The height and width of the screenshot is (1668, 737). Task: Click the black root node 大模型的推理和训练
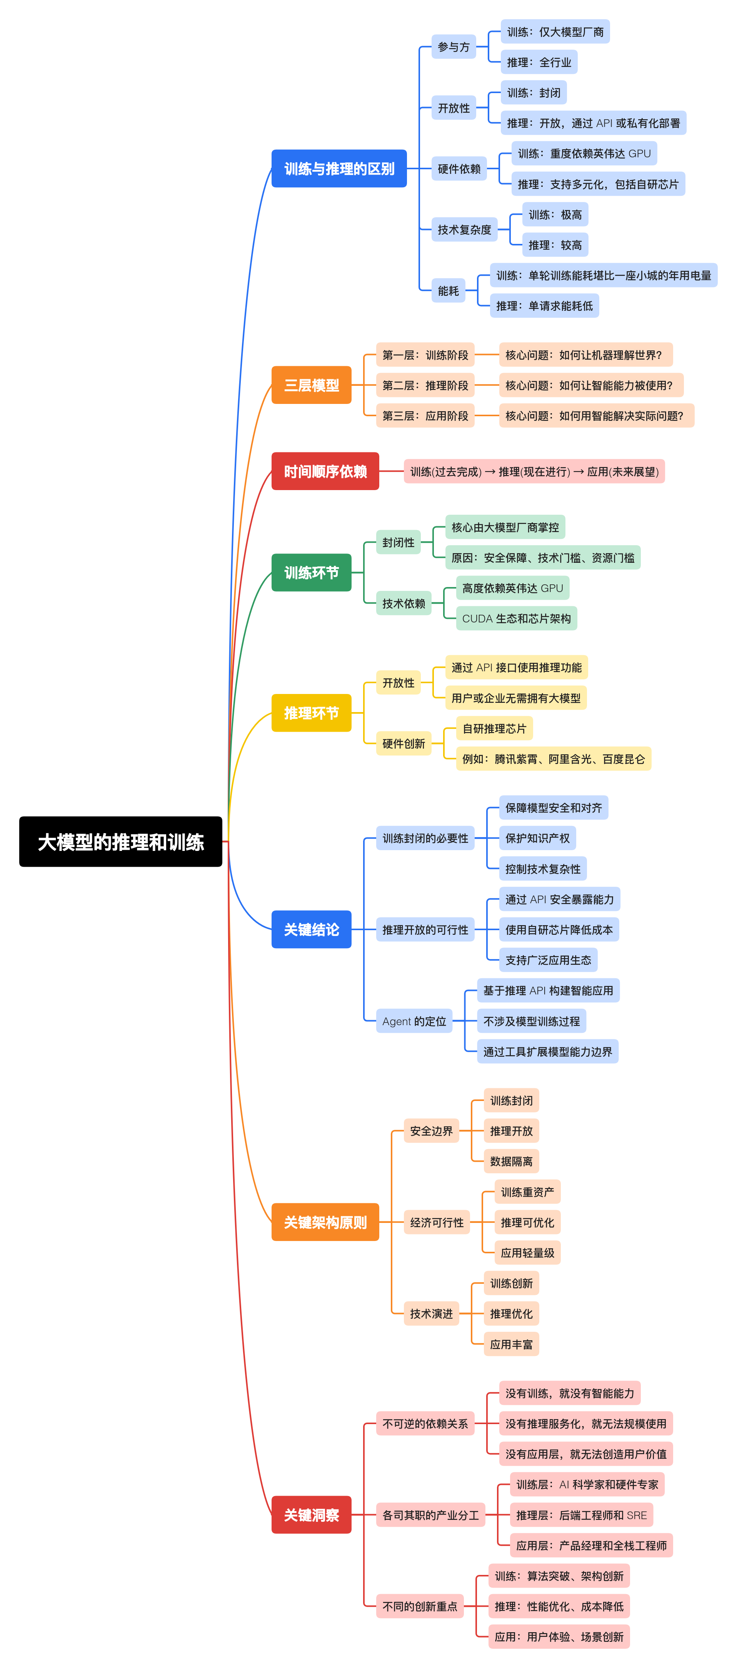click(120, 841)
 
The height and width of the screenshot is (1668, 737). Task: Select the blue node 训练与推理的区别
click(339, 168)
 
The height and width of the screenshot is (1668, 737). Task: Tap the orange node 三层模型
click(311, 385)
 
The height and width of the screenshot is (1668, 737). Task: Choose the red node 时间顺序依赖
click(325, 471)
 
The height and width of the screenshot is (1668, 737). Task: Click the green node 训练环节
click(311, 572)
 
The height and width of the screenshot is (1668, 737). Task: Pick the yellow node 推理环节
click(311, 713)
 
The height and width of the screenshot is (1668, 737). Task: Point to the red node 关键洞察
click(311, 1515)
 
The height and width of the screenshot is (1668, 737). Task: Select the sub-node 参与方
click(454, 47)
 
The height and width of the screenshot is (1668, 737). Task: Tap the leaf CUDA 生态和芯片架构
click(516, 618)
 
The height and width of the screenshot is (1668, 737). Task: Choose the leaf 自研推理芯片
click(494, 729)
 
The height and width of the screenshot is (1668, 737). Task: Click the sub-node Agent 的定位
click(414, 1021)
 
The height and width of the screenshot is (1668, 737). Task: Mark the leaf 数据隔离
click(511, 1161)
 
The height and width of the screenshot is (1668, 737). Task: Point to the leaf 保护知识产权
click(537, 838)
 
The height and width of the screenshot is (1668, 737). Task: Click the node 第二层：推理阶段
click(425, 385)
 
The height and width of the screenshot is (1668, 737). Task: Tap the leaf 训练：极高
click(555, 214)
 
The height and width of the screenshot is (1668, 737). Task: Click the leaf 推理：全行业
click(539, 62)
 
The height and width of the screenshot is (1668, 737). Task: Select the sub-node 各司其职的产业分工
click(430, 1515)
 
